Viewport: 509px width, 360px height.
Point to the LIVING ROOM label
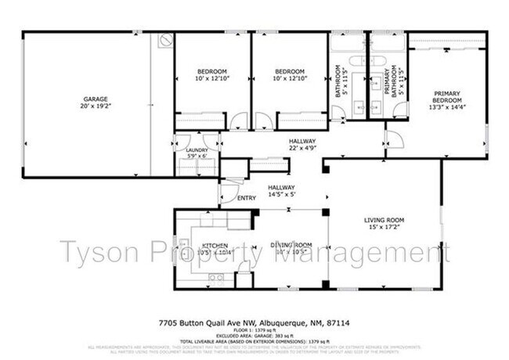coord(384,221)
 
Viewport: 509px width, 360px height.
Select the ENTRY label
coord(246,198)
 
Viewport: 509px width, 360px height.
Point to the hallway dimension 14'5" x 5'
coord(281,196)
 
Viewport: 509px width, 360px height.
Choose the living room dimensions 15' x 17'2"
coord(384,228)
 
